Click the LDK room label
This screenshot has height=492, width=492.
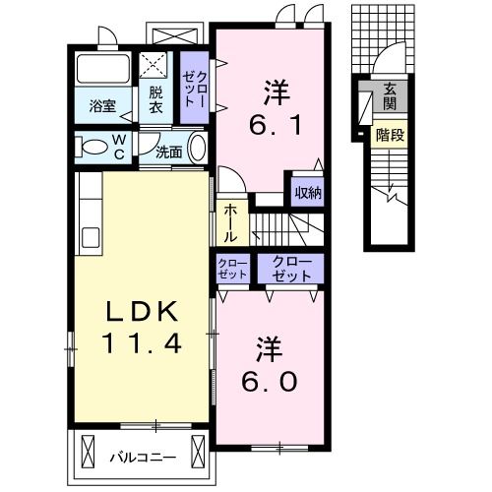[142, 313]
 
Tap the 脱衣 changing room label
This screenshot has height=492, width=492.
[155, 98]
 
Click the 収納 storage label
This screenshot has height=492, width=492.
[308, 193]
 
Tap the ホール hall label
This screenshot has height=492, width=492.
[229, 223]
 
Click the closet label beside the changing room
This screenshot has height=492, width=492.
[195, 90]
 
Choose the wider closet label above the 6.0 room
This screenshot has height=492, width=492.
[291, 267]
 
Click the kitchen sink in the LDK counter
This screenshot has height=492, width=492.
[90, 237]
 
